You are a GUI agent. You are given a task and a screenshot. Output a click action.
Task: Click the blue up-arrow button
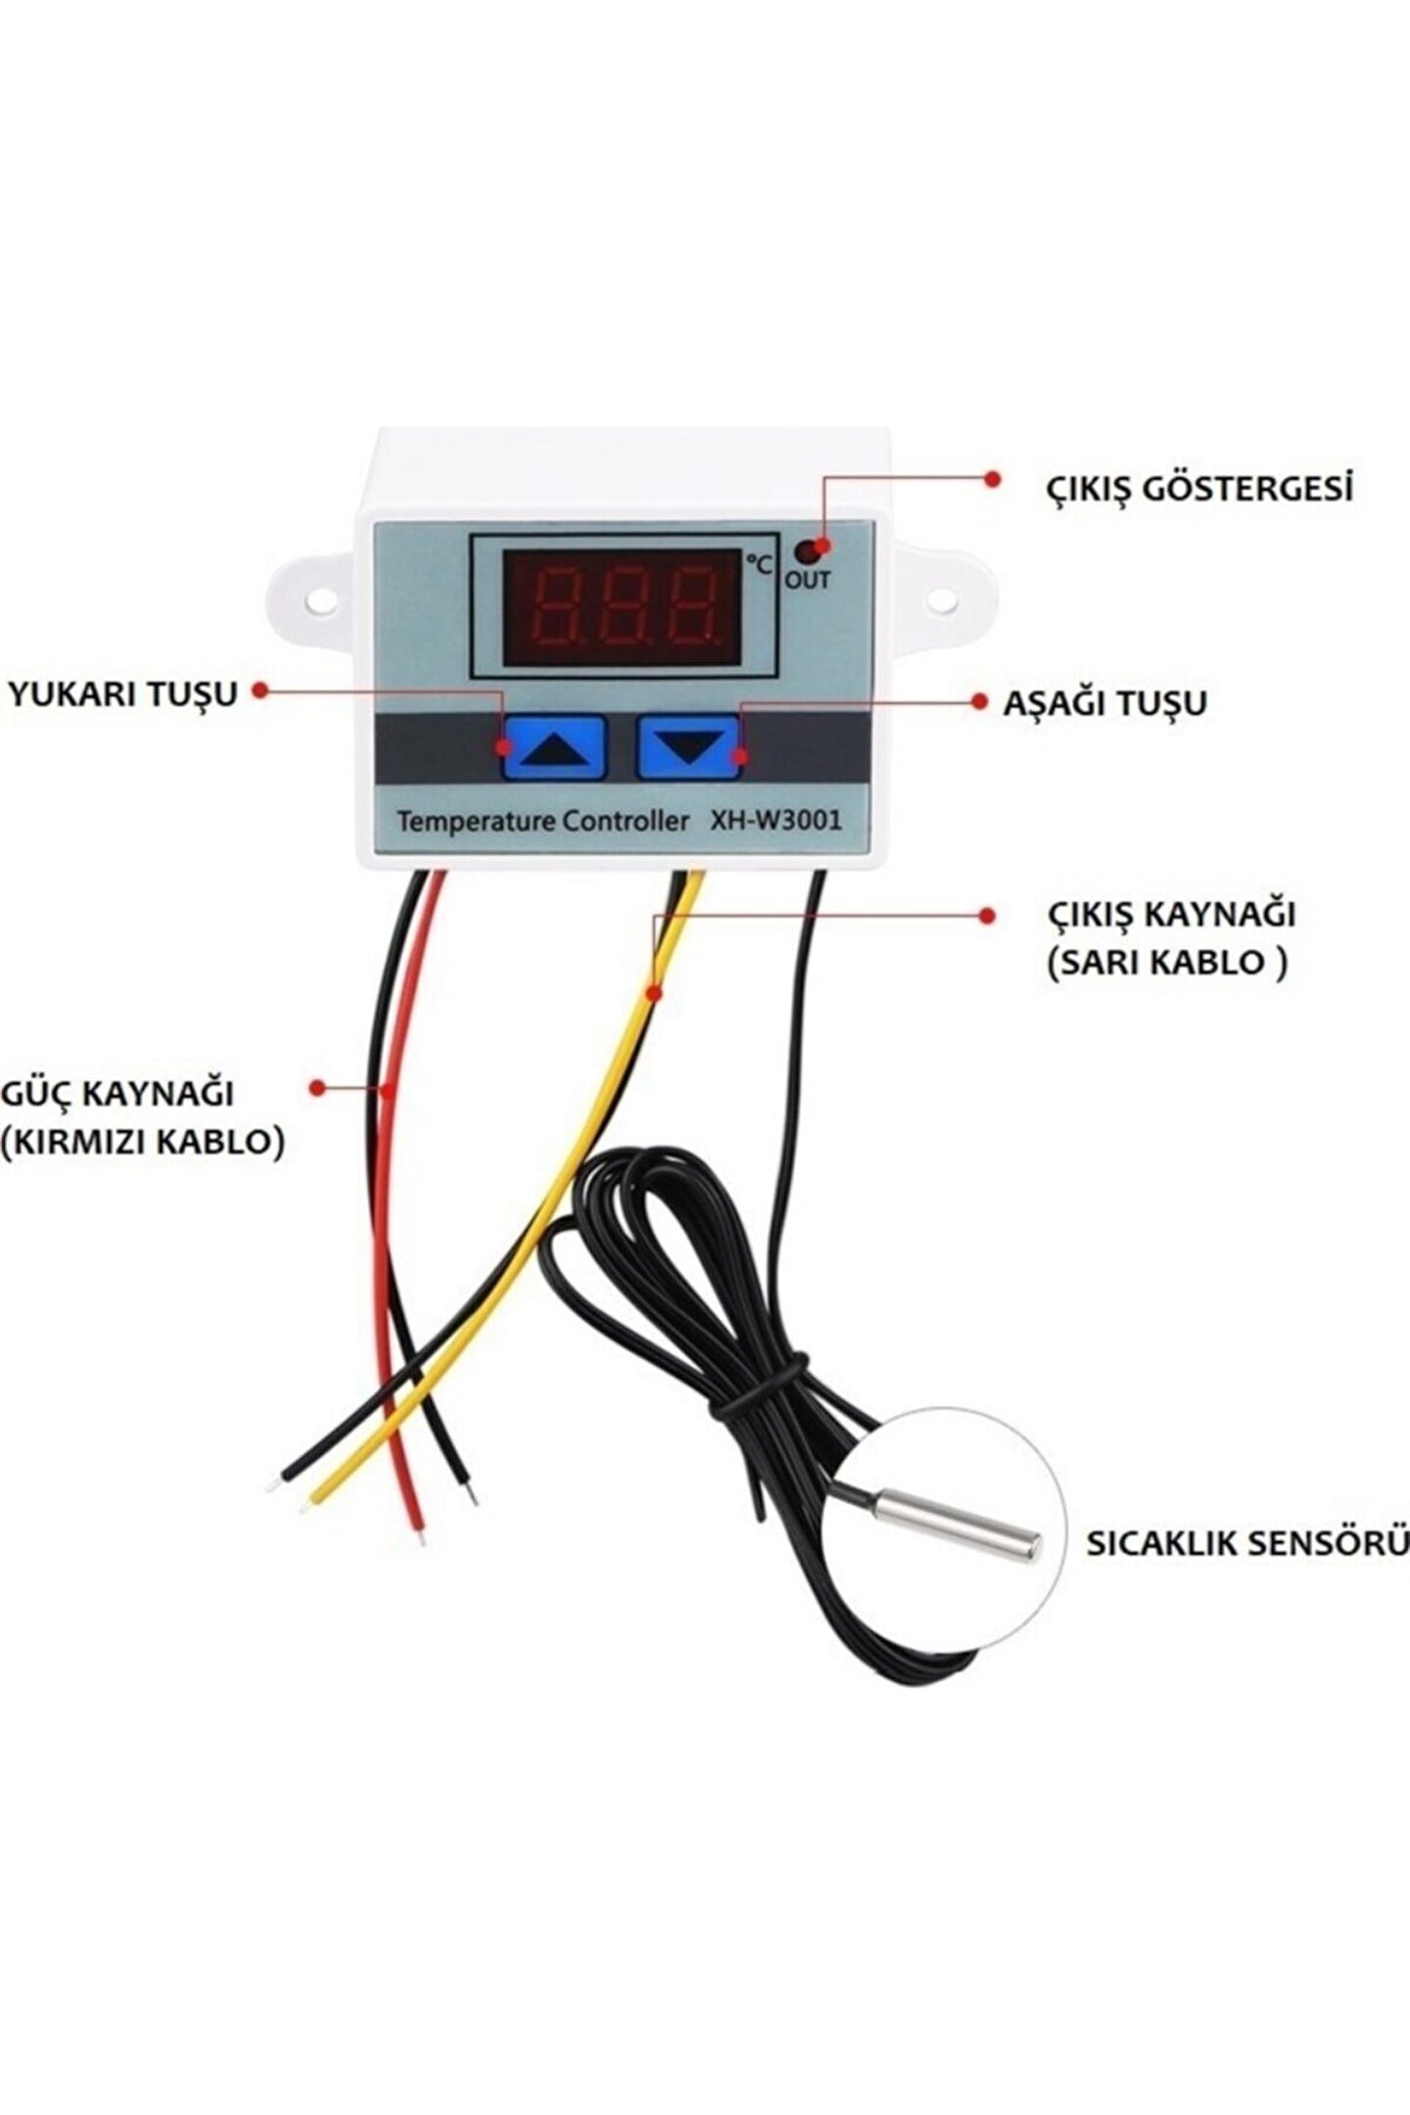coord(554,746)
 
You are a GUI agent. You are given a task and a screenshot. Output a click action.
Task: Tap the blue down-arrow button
coord(689,746)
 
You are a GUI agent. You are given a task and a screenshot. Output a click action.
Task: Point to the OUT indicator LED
coord(806,549)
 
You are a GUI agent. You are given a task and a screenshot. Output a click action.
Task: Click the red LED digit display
coord(623,607)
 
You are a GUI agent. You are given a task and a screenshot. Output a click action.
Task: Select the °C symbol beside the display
coord(760,563)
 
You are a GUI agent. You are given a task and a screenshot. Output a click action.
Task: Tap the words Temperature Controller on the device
coord(543,821)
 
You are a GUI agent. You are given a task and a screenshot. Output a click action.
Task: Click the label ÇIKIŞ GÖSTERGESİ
coord(1198,487)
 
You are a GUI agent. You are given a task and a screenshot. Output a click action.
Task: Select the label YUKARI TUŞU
coord(123,693)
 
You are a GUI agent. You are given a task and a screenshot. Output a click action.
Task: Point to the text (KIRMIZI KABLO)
coord(143,1141)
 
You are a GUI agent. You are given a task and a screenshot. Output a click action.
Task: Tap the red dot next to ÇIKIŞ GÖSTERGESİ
coord(992,478)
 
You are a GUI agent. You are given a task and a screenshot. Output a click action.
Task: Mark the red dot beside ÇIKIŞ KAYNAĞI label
coord(987,916)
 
